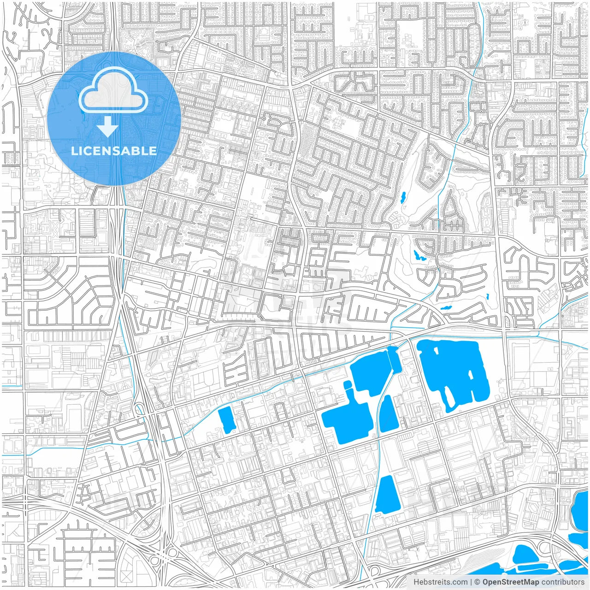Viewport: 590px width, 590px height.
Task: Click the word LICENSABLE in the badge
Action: (x=114, y=151)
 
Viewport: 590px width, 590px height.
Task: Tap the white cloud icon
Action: (x=113, y=92)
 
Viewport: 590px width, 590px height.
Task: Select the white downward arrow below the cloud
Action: (x=108, y=126)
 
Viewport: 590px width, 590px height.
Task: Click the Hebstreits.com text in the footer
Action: (x=440, y=582)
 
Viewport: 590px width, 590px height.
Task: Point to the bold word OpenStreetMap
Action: (x=510, y=582)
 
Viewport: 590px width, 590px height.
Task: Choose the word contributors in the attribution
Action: (x=563, y=582)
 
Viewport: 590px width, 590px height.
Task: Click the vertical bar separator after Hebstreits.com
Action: (x=471, y=582)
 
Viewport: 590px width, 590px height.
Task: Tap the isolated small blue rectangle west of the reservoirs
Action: (x=226, y=420)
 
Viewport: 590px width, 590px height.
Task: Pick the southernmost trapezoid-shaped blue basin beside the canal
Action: (x=386, y=495)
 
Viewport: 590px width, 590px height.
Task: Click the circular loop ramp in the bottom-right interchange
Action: (x=546, y=548)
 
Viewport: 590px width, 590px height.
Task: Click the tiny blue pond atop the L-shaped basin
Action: (x=347, y=385)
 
